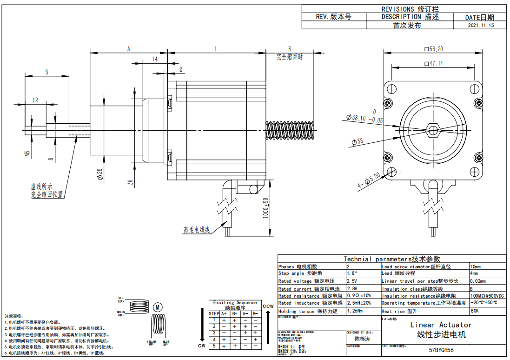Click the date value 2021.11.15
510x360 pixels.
point(481,26)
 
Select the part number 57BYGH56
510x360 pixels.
point(441,350)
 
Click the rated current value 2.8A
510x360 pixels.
point(352,289)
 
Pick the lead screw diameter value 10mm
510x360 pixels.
point(476,267)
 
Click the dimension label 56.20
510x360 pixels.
point(433,49)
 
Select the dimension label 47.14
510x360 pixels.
point(433,63)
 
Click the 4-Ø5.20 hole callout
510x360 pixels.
point(369,180)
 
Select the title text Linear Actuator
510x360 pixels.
point(441,325)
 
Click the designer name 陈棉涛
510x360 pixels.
point(362,339)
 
